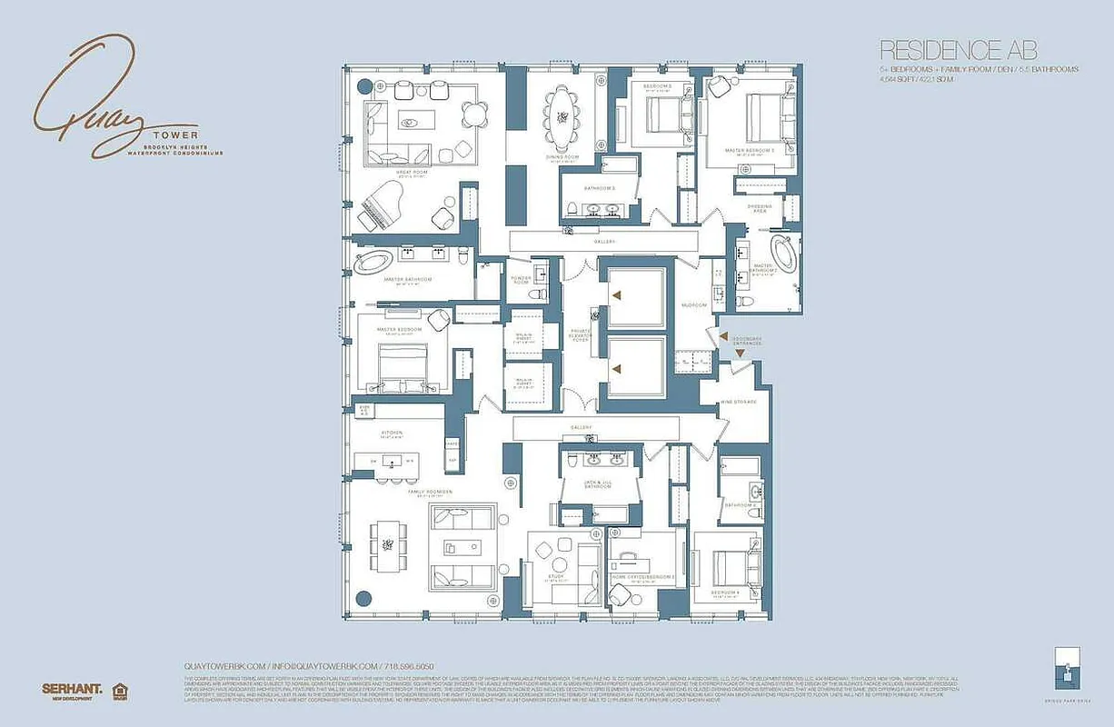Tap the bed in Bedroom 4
click(x=731, y=571)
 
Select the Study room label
click(x=555, y=579)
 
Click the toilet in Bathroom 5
click(x=571, y=209)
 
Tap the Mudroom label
click(x=694, y=305)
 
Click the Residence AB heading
click(x=958, y=50)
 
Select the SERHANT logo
click(x=71, y=689)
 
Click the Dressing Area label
click(x=761, y=208)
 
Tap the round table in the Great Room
click(x=474, y=115)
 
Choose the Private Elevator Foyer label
click(x=581, y=334)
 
